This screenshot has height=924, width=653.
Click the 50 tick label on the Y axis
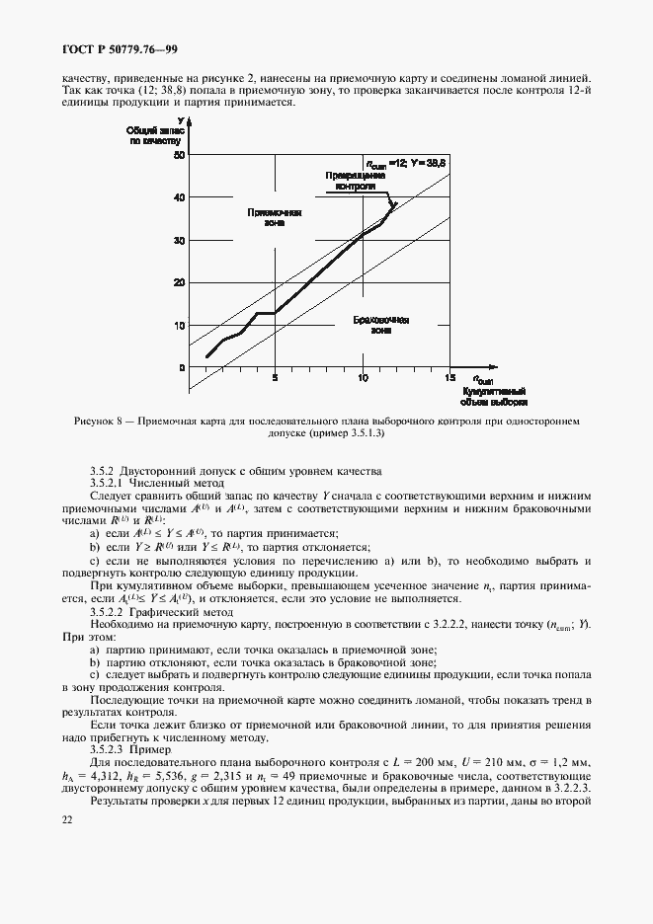pyautogui.click(x=179, y=155)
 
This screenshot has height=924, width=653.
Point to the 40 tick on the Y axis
pyautogui.click(x=179, y=197)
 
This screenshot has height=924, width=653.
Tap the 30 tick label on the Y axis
pyautogui.click(x=179, y=240)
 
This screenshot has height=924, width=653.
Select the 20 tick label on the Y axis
pyautogui.click(x=179, y=282)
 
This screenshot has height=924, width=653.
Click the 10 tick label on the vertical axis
pyautogui.click(x=179, y=325)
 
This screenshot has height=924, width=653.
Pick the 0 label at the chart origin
pyautogui.click(x=181, y=367)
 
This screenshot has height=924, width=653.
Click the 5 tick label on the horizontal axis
pyautogui.click(x=276, y=377)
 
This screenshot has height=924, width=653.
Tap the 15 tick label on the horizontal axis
pyautogui.click(x=449, y=377)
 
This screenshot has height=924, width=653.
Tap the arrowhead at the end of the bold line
pyautogui.click(x=392, y=206)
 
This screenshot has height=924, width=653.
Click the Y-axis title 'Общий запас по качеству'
pyautogui.click(x=156, y=132)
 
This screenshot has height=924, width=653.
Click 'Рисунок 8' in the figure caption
pyautogui.click(x=100, y=422)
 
